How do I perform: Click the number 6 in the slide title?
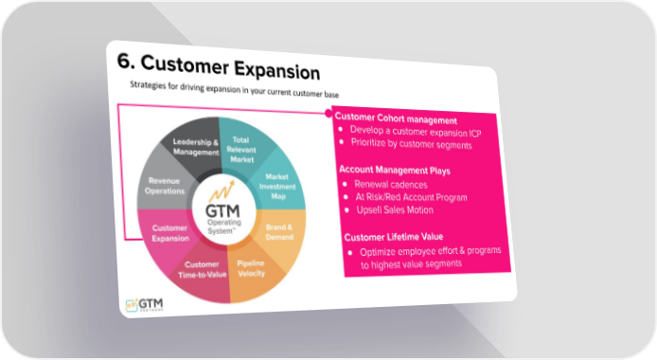124,61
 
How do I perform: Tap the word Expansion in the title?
276,70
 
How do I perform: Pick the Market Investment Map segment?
277,186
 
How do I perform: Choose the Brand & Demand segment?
279,232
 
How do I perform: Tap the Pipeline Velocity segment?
251,269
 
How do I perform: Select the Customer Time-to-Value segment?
203,270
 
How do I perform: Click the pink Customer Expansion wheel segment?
170,233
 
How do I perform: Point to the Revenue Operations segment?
165,186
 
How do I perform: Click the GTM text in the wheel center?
222,210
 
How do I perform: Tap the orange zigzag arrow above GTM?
222,191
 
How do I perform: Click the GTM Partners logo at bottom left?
145,304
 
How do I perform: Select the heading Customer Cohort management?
396,118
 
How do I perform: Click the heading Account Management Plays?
395,170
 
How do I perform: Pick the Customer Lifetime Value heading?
394,237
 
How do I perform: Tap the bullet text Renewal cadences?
391,185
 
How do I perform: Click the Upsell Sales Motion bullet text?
395,210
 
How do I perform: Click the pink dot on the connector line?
328,113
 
